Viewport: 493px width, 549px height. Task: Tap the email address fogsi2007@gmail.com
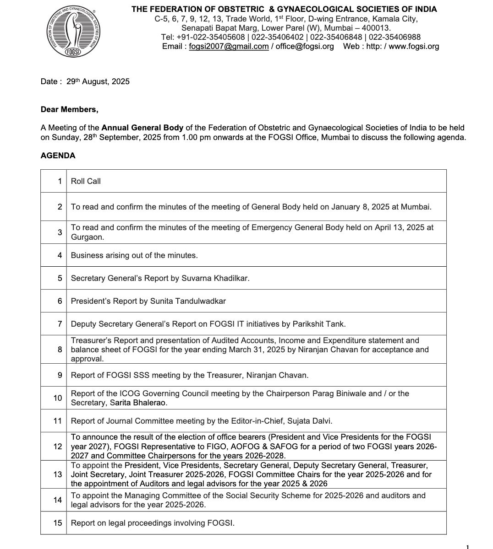(x=229, y=46)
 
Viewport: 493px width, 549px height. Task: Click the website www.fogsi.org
(x=414, y=46)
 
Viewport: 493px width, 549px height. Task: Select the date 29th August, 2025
(x=98, y=81)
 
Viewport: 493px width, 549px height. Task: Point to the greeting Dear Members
(x=69, y=109)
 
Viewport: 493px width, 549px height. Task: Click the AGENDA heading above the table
(x=58, y=156)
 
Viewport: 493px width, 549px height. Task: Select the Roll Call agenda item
(x=86, y=181)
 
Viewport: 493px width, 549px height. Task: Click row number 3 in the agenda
(x=60, y=232)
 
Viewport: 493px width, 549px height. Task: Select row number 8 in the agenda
(x=60, y=350)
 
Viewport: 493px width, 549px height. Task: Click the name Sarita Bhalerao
(x=138, y=403)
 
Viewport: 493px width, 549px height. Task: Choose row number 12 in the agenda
(x=58, y=447)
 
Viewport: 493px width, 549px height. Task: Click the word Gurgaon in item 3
(x=87, y=237)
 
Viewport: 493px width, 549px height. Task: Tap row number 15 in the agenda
(x=58, y=523)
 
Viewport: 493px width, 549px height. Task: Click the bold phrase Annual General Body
(x=142, y=128)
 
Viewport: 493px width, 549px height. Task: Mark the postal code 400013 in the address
(x=376, y=28)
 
